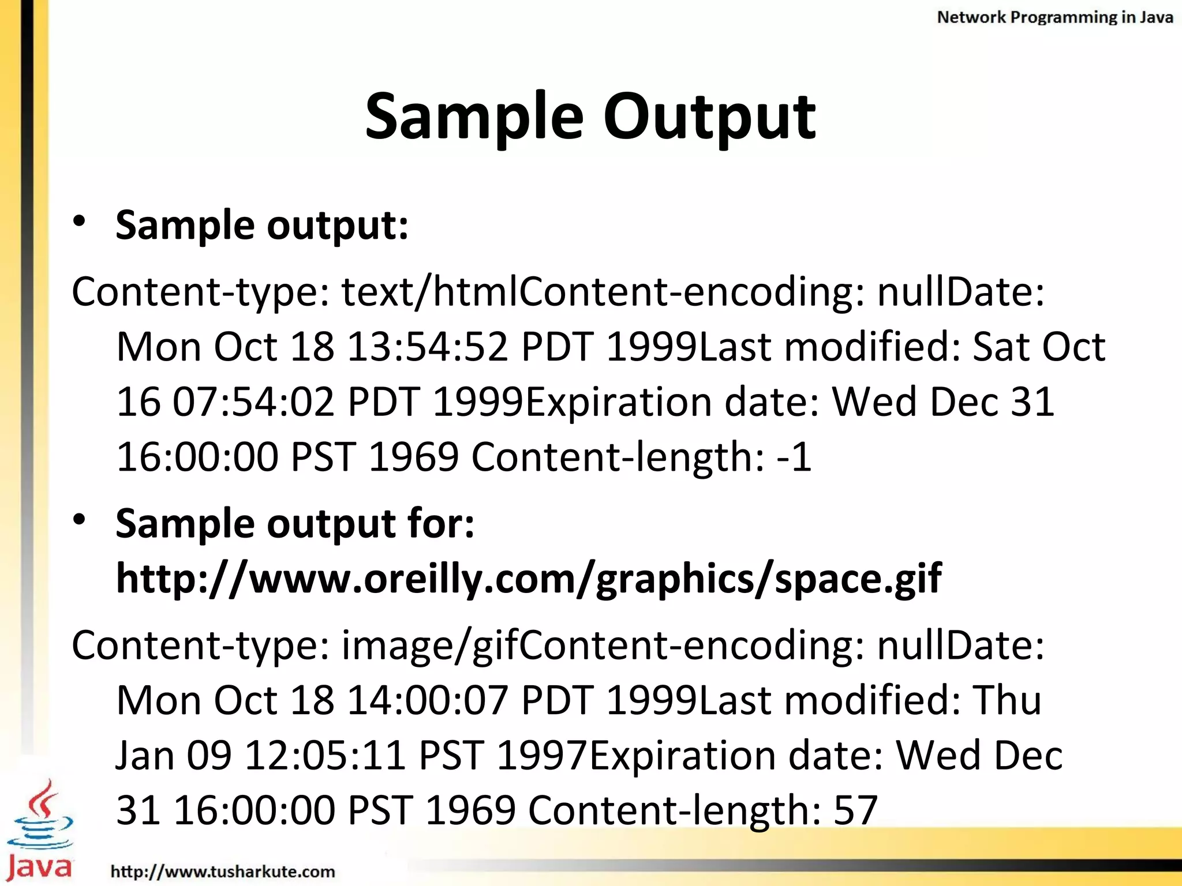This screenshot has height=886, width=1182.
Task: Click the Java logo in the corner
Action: (39, 831)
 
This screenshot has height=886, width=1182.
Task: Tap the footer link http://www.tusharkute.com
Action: (223, 871)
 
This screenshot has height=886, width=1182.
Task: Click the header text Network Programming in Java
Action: (1054, 17)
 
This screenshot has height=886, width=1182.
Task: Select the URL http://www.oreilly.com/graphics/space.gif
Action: (529, 579)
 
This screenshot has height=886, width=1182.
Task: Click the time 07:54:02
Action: (254, 402)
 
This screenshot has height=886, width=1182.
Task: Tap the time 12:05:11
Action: (325, 755)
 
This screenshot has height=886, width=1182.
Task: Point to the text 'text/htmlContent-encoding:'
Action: (603, 292)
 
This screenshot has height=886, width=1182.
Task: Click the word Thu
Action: (1007, 700)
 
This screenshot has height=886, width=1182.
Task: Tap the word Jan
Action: (145, 755)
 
